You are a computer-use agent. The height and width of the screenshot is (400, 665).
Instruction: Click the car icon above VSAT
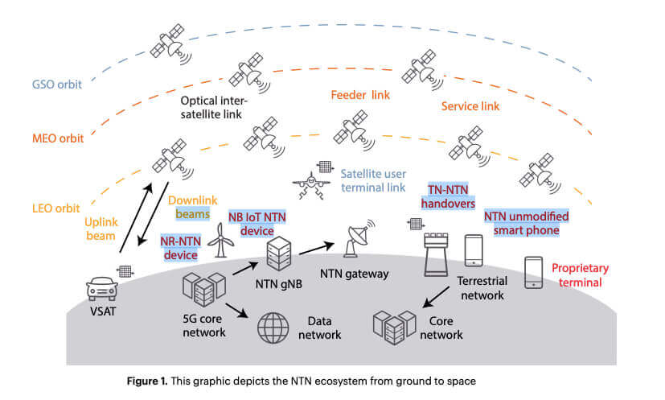tap(104, 285)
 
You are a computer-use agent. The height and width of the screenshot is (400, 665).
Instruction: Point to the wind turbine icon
tap(218, 240)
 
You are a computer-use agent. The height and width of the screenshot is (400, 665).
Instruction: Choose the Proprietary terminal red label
tap(580, 274)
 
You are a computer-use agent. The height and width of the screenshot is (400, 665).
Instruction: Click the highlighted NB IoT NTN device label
tap(257, 223)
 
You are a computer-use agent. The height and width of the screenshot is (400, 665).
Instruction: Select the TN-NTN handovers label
tap(445, 196)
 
